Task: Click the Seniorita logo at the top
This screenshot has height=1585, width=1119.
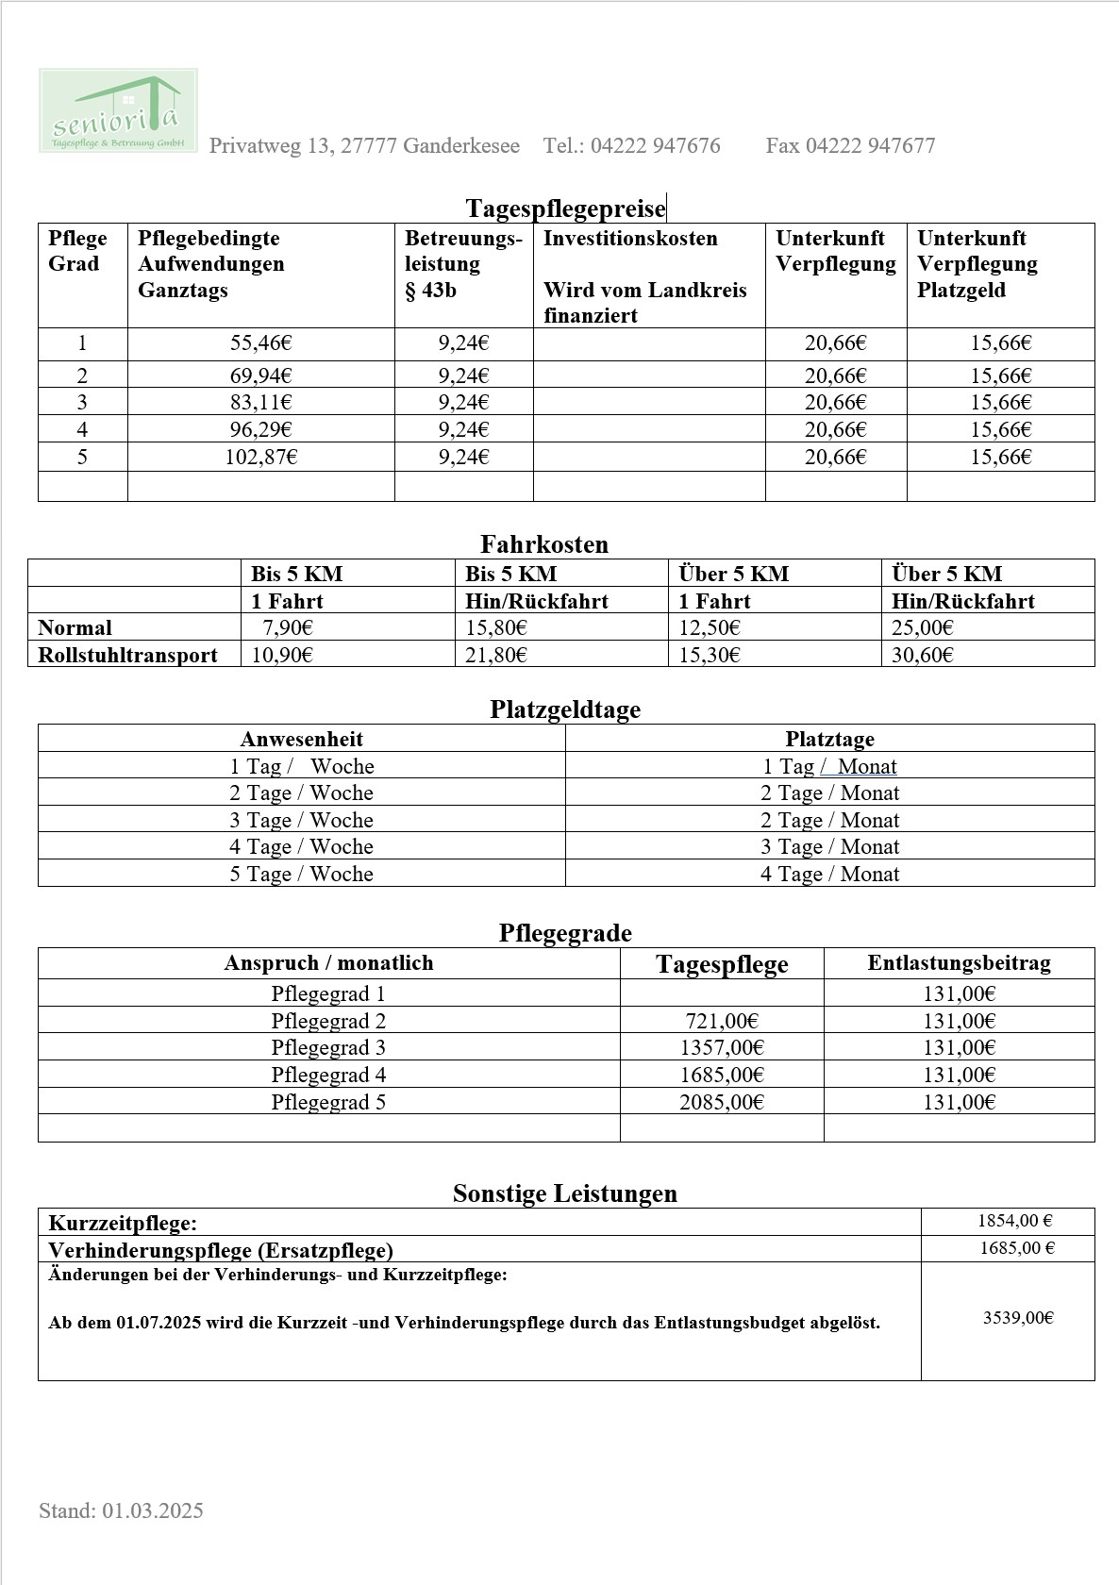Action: pyautogui.click(x=118, y=110)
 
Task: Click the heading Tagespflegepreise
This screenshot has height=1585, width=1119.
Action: pyautogui.click(x=565, y=209)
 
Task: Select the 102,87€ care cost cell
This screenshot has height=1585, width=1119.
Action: pyautogui.click(x=261, y=458)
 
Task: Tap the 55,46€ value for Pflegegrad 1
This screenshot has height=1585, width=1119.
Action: pyautogui.click(x=261, y=343)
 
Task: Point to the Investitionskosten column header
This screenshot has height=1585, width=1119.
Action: pyautogui.click(x=630, y=239)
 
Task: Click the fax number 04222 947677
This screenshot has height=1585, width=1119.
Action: pyautogui.click(x=870, y=146)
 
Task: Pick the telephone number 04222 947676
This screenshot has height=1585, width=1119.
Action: pyautogui.click(x=655, y=146)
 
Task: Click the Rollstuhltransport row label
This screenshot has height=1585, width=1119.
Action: pyautogui.click(x=127, y=655)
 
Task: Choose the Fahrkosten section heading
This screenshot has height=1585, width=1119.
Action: pyautogui.click(x=544, y=544)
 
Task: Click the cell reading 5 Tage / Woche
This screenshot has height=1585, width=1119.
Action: pyautogui.click(x=301, y=874)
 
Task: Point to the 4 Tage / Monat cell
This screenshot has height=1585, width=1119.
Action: pyautogui.click(x=829, y=874)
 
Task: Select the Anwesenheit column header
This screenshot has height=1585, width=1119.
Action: pyautogui.click(x=301, y=739)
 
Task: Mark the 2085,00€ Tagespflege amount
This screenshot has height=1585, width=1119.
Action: pyautogui.click(x=722, y=1102)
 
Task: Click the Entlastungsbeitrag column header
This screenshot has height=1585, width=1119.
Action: pyautogui.click(x=959, y=963)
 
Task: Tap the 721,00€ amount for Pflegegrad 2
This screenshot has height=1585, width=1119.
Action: pyautogui.click(x=722, y=1021)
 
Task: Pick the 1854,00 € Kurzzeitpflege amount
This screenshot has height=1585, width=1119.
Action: pyautogui.click(x=1014, y=1221)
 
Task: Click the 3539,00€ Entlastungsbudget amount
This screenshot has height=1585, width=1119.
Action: pyautogui.click(x=1018, y=1318)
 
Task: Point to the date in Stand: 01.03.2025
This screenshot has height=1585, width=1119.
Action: pyautogui.click(x=153, y=1510)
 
